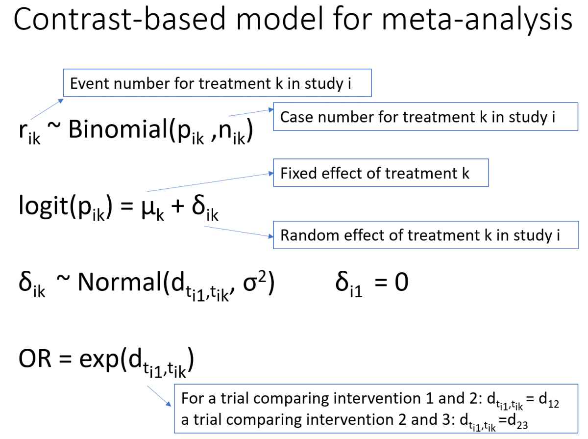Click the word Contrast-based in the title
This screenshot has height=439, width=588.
[x=115, y=20]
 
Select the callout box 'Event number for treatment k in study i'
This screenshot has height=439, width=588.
[x=217, y=83]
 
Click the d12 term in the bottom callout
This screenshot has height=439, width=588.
[x=548, y=400]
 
